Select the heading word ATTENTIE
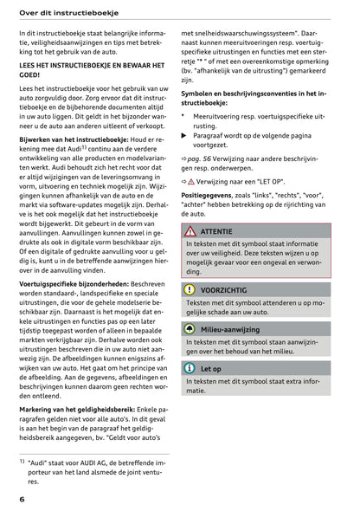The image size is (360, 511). (216, 232)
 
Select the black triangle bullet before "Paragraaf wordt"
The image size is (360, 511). (183, 136)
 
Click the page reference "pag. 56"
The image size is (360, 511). (202, 161)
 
